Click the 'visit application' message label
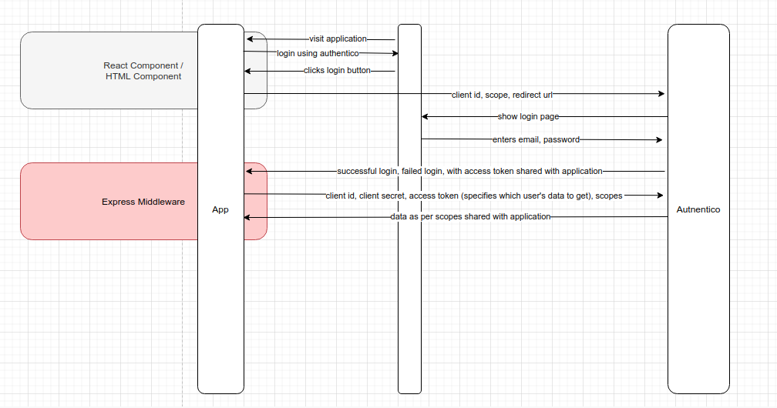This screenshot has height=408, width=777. tap(338, 38)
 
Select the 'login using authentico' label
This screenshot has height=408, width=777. tap(318, 53)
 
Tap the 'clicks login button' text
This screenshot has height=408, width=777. tap(337, 70)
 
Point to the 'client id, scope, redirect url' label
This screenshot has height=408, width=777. tap(502, 95)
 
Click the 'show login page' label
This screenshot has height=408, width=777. tap(528, 116)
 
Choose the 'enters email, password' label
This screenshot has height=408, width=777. tap(536, 139)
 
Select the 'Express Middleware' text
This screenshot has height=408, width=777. tap(143, 202)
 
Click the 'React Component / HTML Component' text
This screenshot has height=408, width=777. tap(143, 71)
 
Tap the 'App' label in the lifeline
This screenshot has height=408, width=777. tap(220, 209)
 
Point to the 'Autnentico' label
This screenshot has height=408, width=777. tap(698, 209)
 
